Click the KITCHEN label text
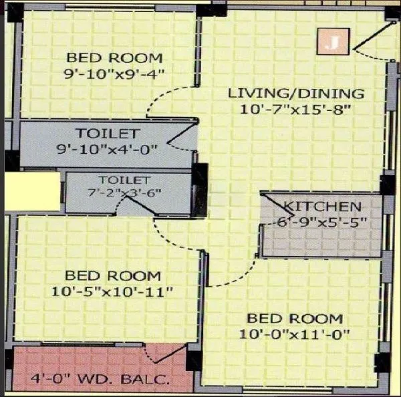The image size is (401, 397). pyautogui.click(x=322, y=207)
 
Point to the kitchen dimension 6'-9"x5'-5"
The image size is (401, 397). pyautogui.click(x=323, y=221)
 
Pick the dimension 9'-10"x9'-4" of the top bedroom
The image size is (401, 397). pyautogui.click(x=114, y=75)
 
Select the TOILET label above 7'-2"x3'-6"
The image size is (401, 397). pyautogui.click(x=125, y=180)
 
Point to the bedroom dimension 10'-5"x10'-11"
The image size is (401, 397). pyautogui.click(x=112, y=291)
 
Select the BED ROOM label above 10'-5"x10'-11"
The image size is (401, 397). pyautogui.click(x=112, y=276)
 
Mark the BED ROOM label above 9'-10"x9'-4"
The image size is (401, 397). pyautogui.click(x=114, y=58)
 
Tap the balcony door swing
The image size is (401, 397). pyautogui.click(x=175, y=355)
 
